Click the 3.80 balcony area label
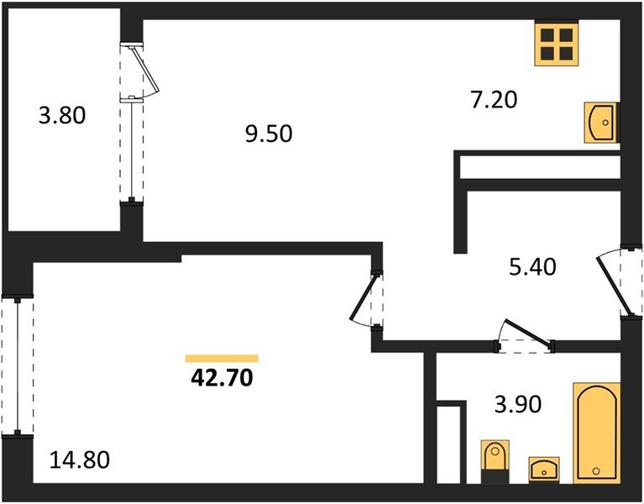click(x=62, y=115)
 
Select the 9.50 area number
click(x=269, y=134)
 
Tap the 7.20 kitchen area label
click(x=494, y=100)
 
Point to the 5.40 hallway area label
click(x=532, y=266)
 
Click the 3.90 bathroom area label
click(x=518, y=404)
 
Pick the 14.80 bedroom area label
click(x=80, y=459)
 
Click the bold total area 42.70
click(x=222, y=378)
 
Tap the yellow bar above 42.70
click(x=222, y=358)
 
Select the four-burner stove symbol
click(x=557, y=44)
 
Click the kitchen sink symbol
click(x=602, y=123)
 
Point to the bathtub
click(x=597, y=433)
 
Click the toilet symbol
click(x=495, y=462)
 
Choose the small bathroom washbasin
click(x=544, y=469)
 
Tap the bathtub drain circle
click(x=596, y=471)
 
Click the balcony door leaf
click(x=144, y=70)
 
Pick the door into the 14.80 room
click(x=363, y=297)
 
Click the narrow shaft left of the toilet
click(x=448, y=445)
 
